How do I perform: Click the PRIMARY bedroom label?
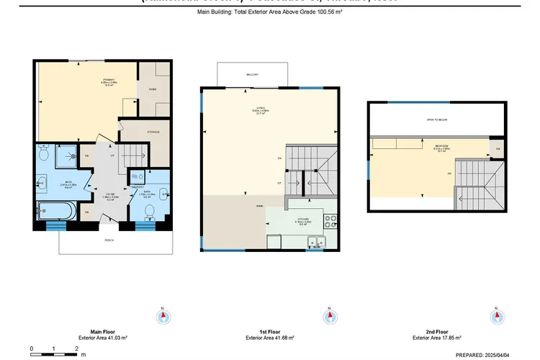click(109, 80)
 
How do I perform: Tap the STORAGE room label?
click(153, 132)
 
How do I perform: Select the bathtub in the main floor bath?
click(55, 212)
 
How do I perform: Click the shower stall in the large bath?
click(68, 153)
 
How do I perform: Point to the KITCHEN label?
click(303, 221)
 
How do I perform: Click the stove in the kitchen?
click(331, 219)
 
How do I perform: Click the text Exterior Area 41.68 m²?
click(270, 337)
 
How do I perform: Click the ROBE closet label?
click(153, 89)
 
